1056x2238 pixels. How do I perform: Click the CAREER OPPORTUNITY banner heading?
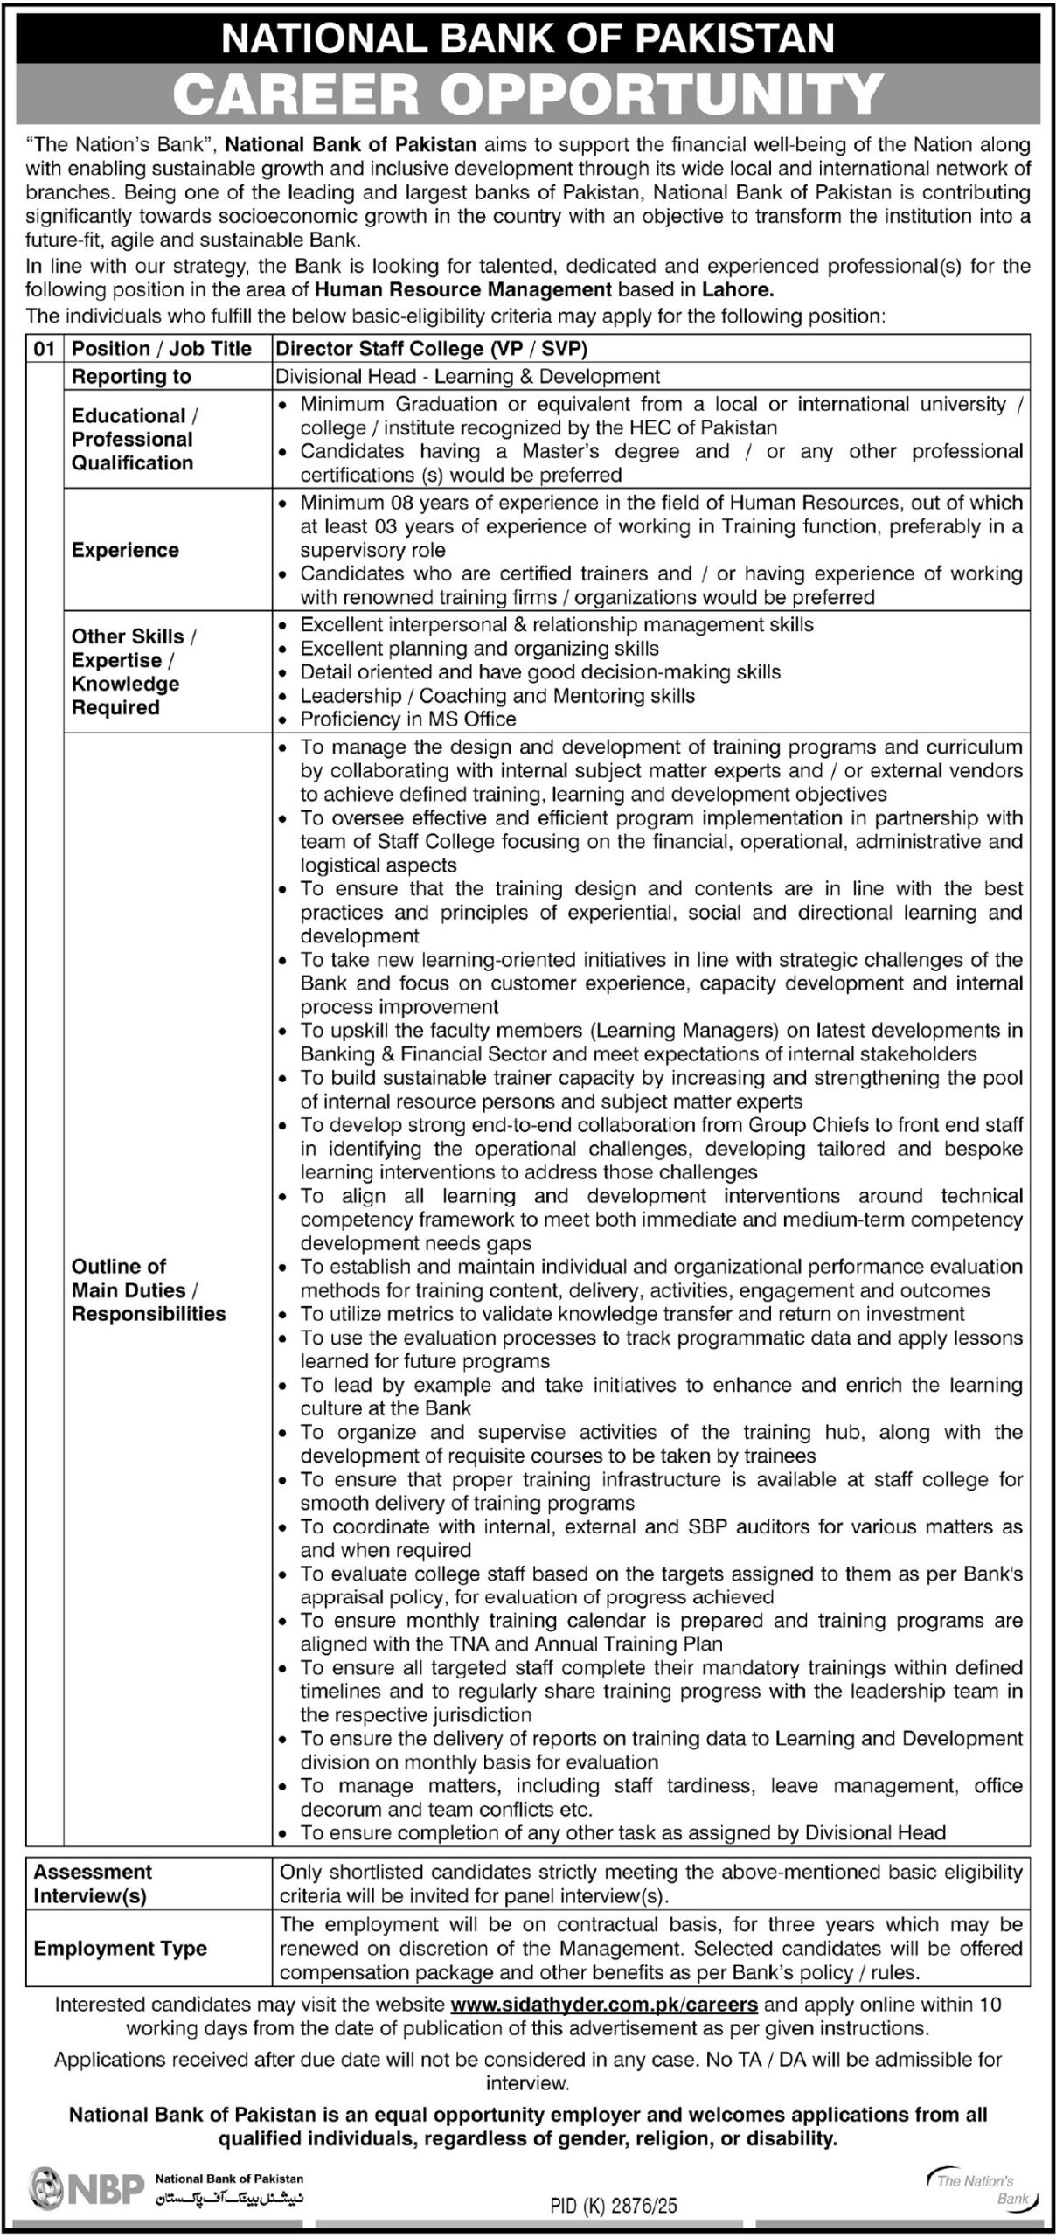pyautogui.click(x=528, y=94)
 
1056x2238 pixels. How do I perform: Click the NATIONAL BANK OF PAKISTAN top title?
pyautogui.click(x=528, y=38)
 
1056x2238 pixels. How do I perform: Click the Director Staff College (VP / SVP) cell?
pyautogui.click(x=432, y=349)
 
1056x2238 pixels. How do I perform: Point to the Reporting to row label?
pyautogui.click(x=131, y=377)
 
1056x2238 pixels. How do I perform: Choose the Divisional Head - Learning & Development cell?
pyautogui.click(x=468, y=377)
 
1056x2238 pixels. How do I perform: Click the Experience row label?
pyautogui.click(x=125, y=550)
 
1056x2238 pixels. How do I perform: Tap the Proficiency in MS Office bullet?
pyautogui.click(x=408, y=719)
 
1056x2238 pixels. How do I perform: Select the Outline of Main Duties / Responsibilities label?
pyautogui.click(x=149, y=1289)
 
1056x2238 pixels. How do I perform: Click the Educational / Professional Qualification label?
pyautogui.click(x=132, y=440)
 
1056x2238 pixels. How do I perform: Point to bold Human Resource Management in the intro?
pyautogui.click(x=463, y=289)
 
